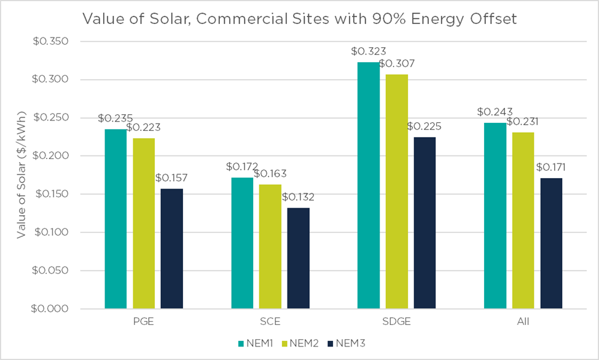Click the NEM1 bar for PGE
tap(115, 219)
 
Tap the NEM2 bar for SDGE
tap(396, 191)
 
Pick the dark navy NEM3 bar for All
tap(551, 243)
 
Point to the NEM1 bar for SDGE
tap(369, 185)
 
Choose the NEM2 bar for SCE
tap(270, 246)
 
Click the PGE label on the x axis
tap(144, 321)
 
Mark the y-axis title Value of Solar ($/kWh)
tap(22, 175)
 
